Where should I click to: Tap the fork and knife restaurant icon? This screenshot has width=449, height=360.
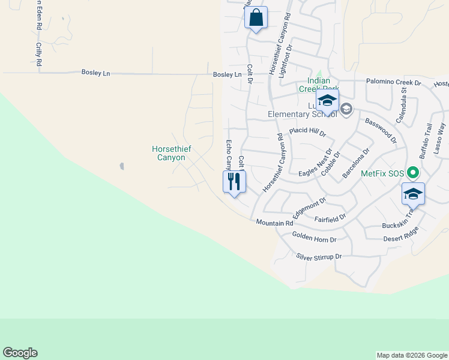[234, 182]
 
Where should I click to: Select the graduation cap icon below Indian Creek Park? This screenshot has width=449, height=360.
[327, 100]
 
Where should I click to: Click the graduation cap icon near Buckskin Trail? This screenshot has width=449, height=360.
[413, 193]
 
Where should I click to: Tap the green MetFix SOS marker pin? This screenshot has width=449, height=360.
[412, 173]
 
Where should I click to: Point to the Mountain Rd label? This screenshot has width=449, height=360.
[274, 223]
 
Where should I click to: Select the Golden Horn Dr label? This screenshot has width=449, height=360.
[314, 238]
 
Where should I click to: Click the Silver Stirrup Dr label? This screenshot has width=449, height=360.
[319, 256]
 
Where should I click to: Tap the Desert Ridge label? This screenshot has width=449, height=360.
[401, 238]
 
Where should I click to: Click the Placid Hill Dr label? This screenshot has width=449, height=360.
[307, 131]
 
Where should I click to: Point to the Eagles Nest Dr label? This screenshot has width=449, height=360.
[316, 165]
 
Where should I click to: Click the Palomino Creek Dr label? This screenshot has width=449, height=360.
[394, 82]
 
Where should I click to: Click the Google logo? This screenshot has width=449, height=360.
[20, 353]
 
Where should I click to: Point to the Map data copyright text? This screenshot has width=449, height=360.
[411, 355]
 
